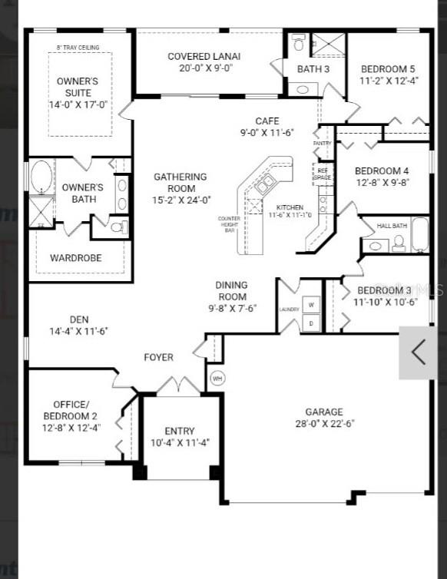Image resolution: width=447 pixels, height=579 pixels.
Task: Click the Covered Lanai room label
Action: [x=204, y=56]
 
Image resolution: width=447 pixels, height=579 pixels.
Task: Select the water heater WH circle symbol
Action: [x=217, y=378]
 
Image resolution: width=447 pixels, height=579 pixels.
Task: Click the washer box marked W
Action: [x=311, y=304]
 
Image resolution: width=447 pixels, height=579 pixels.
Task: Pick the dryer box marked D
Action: [x=311, y=323]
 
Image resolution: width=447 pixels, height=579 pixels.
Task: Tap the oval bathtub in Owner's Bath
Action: [x=41, y=177]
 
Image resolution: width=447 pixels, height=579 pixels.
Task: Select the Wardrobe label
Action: [x=76, y=258]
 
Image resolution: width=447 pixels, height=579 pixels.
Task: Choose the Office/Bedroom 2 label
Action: [x=71, y=410]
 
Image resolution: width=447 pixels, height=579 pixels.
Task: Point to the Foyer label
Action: [x=159, y=357]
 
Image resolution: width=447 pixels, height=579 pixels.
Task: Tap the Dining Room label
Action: [x=232, y=291]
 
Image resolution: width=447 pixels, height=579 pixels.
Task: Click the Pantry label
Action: [x=322, y=144]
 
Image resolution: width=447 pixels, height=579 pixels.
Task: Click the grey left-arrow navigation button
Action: [x=419, y=352]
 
